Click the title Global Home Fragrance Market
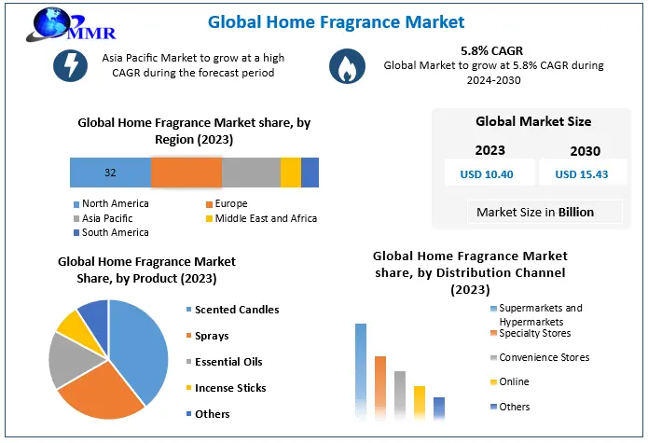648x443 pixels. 335,21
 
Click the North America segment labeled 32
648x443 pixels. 110,173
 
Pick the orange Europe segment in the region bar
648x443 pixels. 186,173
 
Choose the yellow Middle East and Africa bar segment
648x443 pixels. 290,173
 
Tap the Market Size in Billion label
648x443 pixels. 534,212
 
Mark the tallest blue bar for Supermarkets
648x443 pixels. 361,372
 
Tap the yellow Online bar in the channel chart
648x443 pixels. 420,403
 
